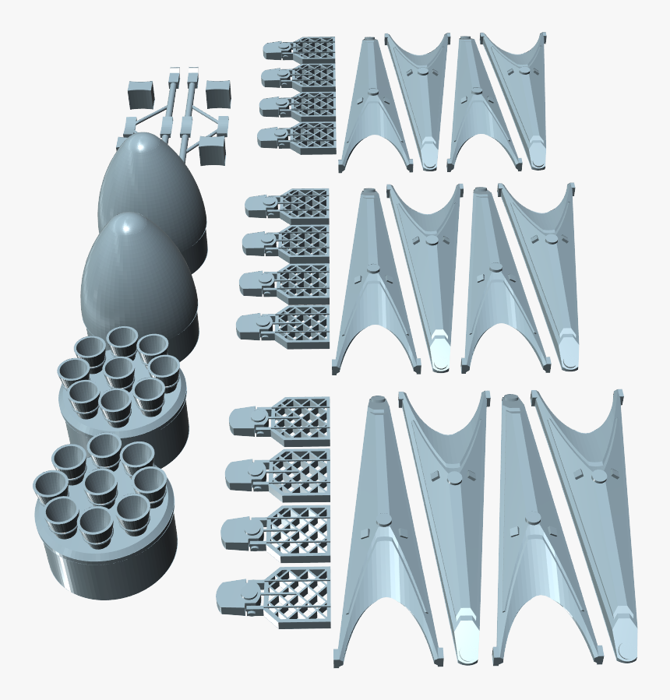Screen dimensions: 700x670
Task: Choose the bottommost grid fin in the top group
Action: pos(300,135)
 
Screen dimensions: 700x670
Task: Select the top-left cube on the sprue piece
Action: pos(140,94)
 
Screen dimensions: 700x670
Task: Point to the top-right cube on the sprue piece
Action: pos(218,92)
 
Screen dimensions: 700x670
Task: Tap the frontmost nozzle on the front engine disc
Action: pos(97,526)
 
